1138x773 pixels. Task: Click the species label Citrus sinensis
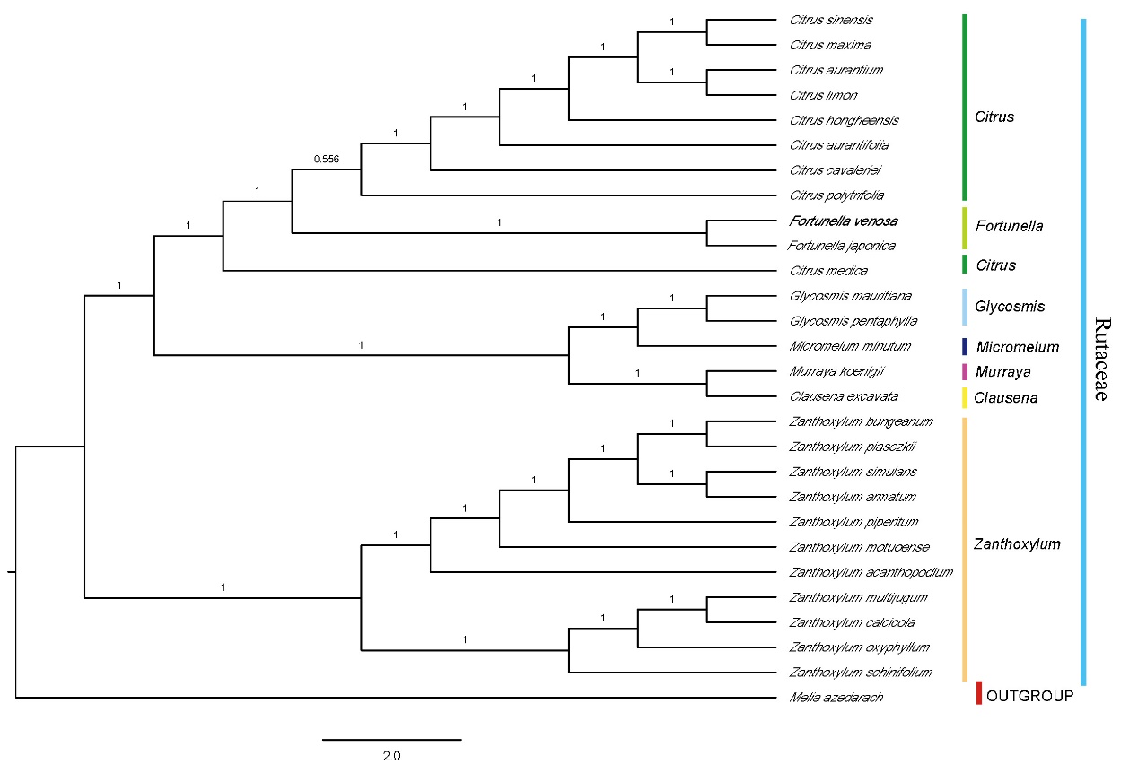coord(831,20)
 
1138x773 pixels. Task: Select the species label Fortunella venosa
coord(843,221)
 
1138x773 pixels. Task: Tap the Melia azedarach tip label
coord(836,697)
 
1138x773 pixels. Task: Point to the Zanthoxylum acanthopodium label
coord(871,571)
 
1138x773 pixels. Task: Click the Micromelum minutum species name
coord(850,346)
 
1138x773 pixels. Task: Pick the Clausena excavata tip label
coord(844,396)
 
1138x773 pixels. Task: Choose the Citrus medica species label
coord(827,270)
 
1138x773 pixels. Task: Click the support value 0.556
coord(327,159)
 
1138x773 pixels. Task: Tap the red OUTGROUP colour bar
coord(979,693)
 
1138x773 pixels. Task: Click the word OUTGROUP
coord(1029,695)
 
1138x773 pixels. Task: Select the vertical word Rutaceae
coord(1102,359)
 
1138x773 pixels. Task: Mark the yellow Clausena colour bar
coord(965,396)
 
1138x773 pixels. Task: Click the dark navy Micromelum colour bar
coord(965,346)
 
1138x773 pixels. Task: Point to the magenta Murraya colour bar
coord(965,371)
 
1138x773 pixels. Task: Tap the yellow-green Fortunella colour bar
coord(965,228)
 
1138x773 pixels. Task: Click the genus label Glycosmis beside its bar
coord(1010,307)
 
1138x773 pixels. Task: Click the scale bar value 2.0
coord(391,756)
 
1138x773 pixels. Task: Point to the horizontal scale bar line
coord(391,740)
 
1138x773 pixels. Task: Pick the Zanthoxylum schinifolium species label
coord(861,672)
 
